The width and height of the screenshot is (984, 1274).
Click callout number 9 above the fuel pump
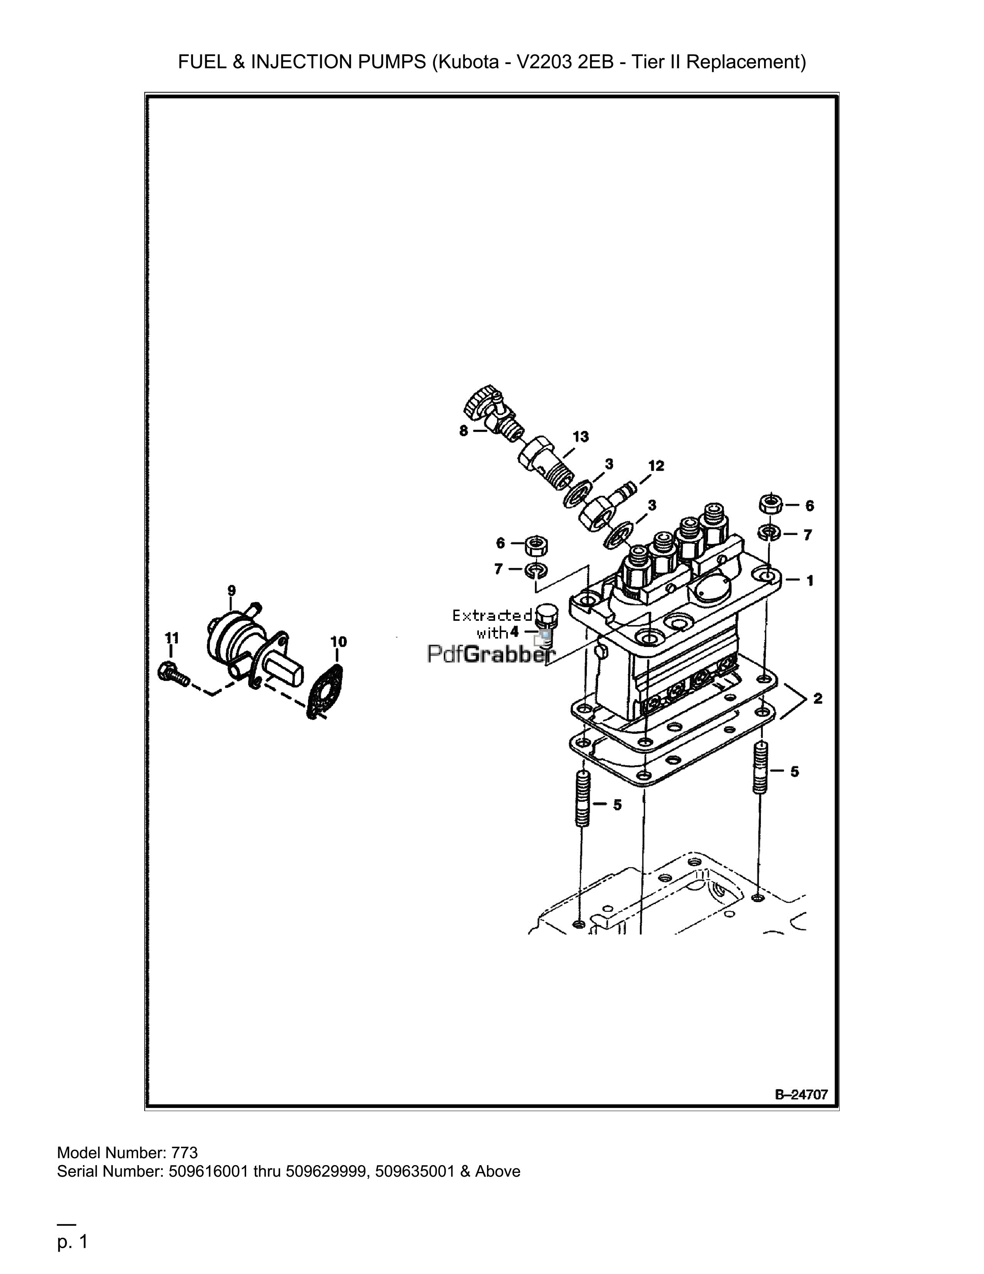coord(232,590)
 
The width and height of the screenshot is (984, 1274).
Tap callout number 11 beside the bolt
coord(171,638)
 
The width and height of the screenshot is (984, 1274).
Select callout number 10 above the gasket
coord(338,642)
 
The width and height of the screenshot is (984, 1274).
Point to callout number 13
coord(581,436)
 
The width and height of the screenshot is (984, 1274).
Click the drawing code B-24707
coord(801,1094)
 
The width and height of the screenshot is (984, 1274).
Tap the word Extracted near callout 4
coord(493,615)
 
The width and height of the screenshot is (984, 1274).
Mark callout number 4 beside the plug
coord(514,632)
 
